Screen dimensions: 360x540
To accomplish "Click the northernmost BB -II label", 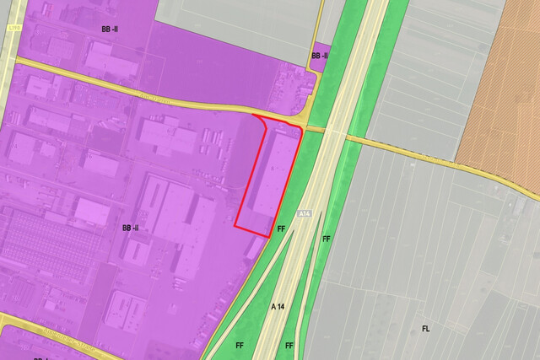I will [x=111, y=29].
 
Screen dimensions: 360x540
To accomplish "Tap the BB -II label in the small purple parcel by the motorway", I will [x=320, y=56].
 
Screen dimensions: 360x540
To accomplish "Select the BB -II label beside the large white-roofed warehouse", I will [x=131, y=228].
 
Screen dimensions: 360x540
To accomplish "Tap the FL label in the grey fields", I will [x=426, y=328].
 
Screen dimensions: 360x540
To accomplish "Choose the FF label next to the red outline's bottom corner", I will [x=281, y=228].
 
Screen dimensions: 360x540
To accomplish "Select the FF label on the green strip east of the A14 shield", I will [x=326, y=239].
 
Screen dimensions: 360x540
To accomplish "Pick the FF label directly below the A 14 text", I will [x=289, y=346].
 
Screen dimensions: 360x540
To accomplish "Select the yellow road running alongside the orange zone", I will [x=489, y=173].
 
